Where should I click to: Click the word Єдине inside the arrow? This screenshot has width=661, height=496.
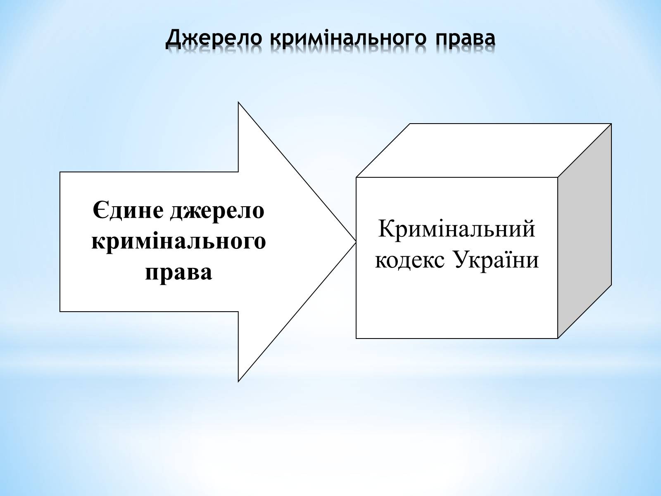point(128,210)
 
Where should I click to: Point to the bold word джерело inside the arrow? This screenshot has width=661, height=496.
point(217,211)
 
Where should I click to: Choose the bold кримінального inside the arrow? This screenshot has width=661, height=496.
point(178,242)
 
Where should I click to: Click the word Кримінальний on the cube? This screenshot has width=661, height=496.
point(457,229)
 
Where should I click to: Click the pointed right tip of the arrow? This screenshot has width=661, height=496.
point(356,242)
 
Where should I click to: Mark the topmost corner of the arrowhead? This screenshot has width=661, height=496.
point(238,103)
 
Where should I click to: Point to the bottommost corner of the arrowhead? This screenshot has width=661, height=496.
point(238,381)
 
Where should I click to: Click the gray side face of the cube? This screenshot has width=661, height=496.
point(585,231)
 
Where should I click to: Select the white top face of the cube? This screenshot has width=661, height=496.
point(484,150)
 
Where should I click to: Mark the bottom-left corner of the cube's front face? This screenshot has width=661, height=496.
point(356,338)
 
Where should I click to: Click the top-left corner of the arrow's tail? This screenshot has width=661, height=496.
point(60,172)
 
